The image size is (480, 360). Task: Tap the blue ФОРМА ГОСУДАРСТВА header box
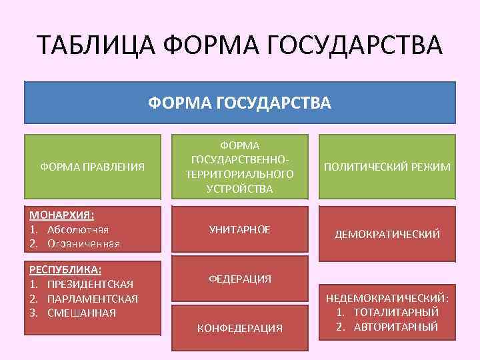[x=239, y=103]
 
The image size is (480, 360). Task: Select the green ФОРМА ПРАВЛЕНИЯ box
[x=93, y=167]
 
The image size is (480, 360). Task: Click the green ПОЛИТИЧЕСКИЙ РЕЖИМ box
[x=387, y=167]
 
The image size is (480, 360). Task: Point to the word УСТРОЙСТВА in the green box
[x=240, y=189]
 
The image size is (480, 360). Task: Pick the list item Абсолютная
[x=77, y=229]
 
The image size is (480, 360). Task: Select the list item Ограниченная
[x=83, y=243]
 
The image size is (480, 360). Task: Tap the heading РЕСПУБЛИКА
[x=65, y=270]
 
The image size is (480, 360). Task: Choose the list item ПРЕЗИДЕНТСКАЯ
[x=91, y=285]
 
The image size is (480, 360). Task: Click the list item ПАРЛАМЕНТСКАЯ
[x=93, y=299]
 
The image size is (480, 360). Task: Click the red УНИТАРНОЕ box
[x=240, y=229]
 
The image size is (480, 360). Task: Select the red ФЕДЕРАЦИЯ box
[x=240, y=279]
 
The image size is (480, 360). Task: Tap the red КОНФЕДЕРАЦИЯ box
[x=240, y=328]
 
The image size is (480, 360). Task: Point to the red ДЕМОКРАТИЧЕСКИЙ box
[x=387, y=234]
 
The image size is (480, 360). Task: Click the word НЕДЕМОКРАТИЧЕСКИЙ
[x=387, y=298]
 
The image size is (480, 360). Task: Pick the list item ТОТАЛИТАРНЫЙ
[x=395, y=312]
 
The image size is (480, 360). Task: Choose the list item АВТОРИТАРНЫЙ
[x=395, y=327]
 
